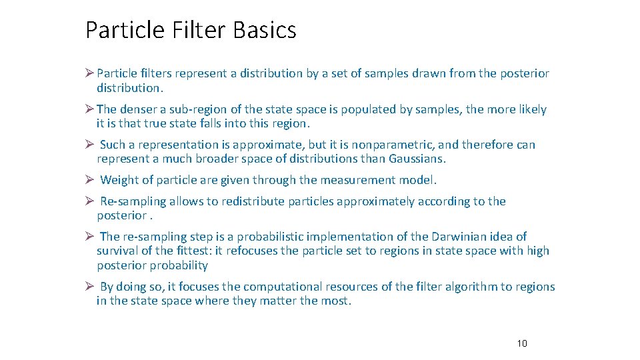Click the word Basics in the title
[265, 30]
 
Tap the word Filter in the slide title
[197, 30]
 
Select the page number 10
[522, 343]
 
